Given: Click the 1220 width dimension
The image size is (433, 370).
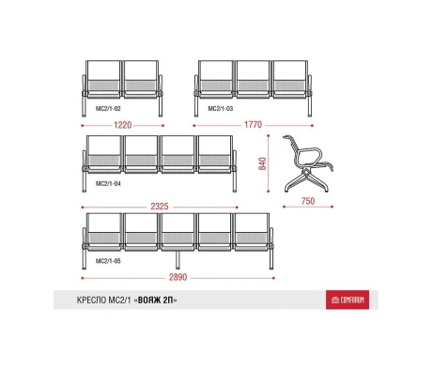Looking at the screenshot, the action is click(123, 125).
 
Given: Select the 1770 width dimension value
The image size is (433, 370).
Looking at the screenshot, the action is click(253, 125).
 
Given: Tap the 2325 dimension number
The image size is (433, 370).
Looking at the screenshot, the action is click(160, 207).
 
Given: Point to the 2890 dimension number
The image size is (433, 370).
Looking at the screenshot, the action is click(178, 277).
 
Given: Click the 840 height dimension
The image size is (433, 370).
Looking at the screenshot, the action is click(262, 163).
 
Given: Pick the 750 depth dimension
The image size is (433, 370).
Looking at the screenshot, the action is click(308, 201).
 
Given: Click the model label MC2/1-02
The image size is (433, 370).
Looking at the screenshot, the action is click(108, 109).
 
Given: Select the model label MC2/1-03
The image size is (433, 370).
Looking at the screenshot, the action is click(221, 109).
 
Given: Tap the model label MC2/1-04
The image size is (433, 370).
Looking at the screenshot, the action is click(108, 183).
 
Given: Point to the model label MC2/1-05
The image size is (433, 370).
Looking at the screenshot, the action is click(108, 261).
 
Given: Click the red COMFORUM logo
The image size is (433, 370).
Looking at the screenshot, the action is click(348, 300).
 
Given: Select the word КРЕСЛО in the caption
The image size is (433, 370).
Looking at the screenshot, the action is click(91, 301).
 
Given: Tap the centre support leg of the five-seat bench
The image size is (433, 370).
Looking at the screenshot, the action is click(178, 260).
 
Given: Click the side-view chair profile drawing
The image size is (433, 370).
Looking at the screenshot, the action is click(308, 163).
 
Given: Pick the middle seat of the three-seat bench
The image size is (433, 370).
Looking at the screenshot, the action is click(253, 80).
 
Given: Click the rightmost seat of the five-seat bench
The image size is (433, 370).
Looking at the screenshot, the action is click(252, 232).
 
